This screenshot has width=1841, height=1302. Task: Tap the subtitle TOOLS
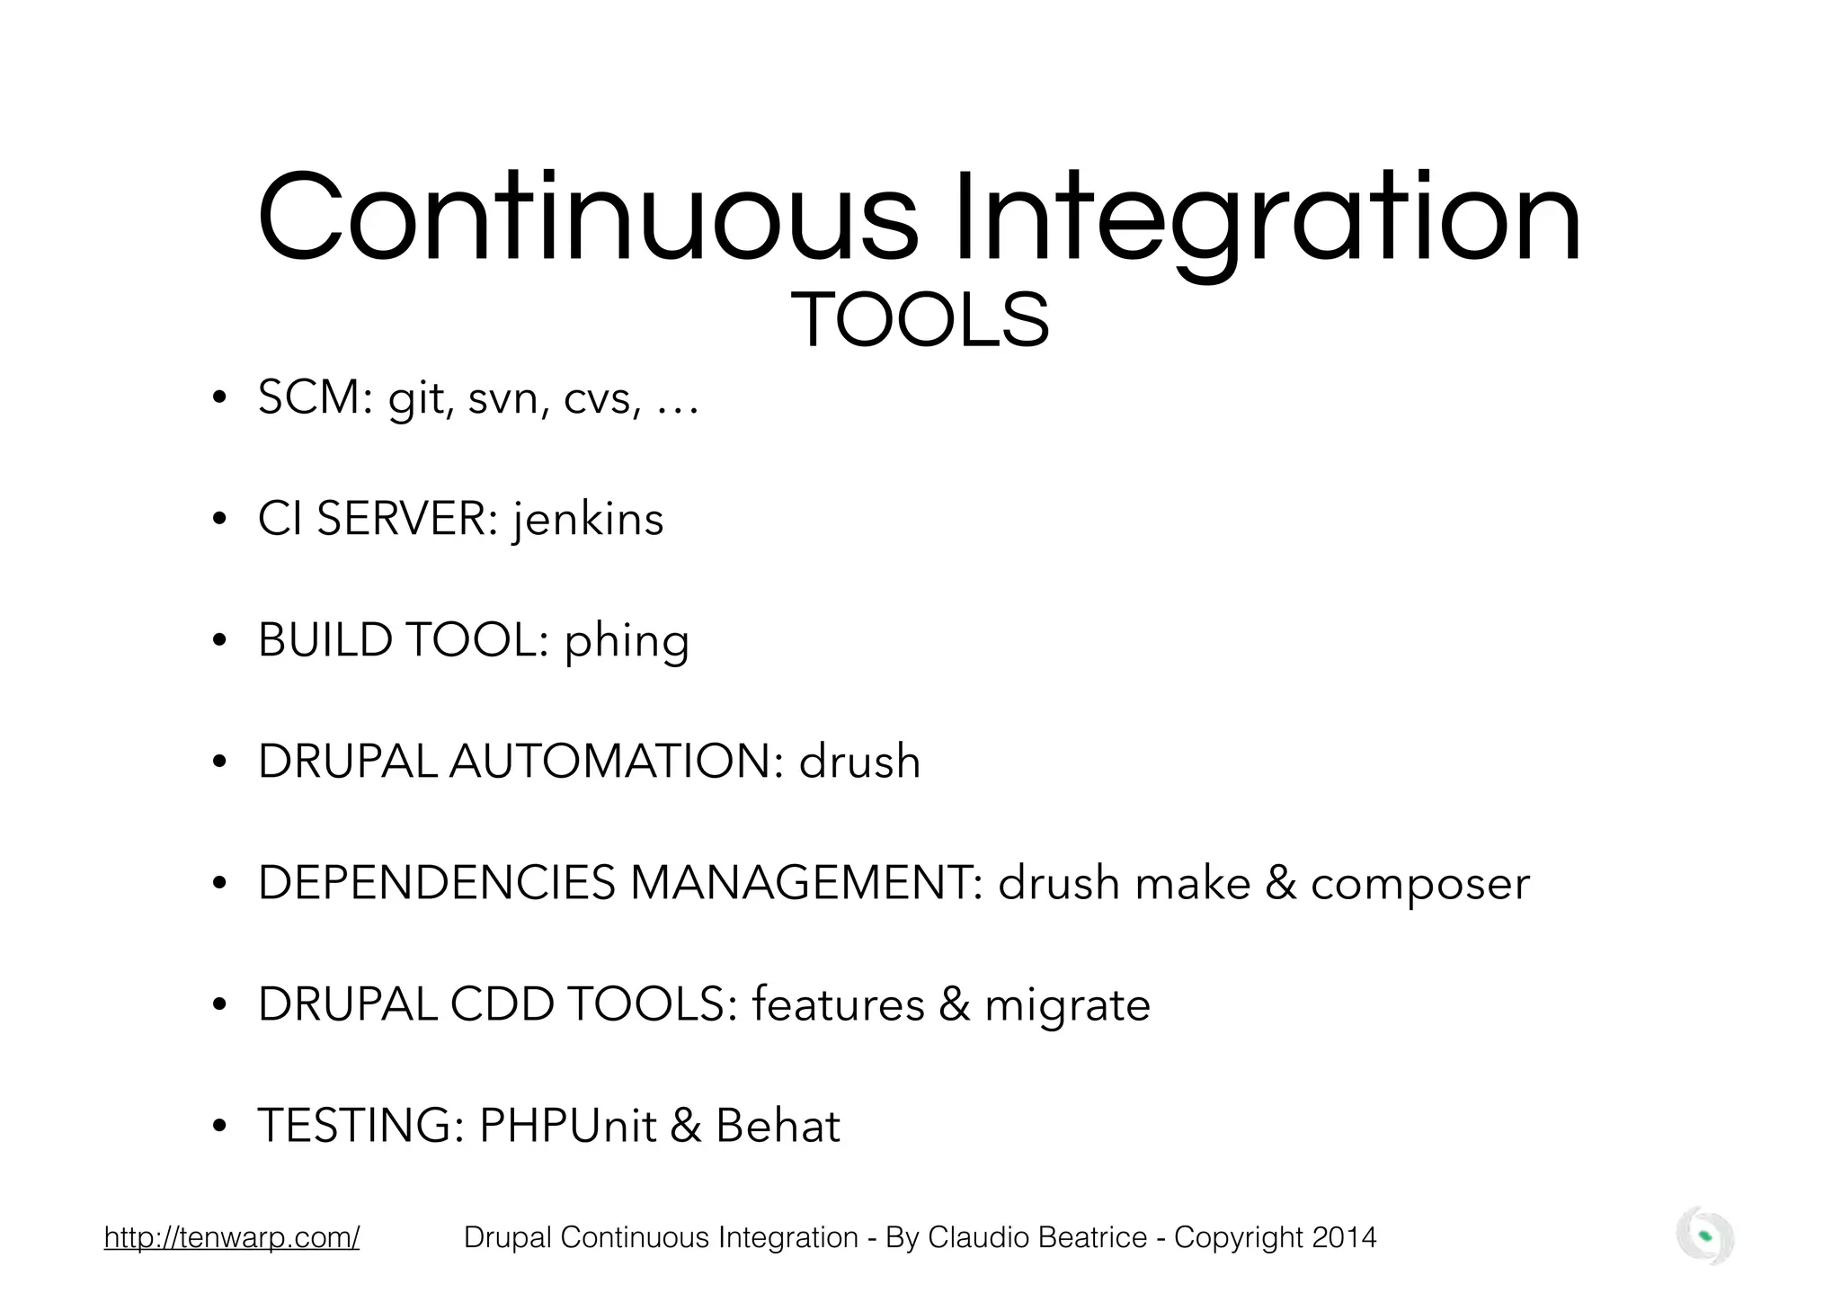(920, 321)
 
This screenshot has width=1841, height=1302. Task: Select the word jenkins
(588, 519)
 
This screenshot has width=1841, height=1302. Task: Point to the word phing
(627, 642)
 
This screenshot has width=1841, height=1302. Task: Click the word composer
(1419, 884)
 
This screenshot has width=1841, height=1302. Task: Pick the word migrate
(1067, 1005)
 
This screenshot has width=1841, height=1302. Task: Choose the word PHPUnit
(567, 1126)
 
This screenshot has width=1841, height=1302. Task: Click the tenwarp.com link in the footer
(232, 1238)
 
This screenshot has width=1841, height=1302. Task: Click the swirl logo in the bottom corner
(1704, 1236)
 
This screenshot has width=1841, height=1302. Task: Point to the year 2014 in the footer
(1344, 1238)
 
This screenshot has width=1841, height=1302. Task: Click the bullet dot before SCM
(218, 398)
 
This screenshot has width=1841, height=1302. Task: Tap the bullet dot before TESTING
(218, 1127)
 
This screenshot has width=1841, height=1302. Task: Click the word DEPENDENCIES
(437, 883)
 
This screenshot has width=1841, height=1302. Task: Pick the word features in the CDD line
(838, 1004)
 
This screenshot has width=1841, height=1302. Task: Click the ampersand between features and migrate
(955, 1004)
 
